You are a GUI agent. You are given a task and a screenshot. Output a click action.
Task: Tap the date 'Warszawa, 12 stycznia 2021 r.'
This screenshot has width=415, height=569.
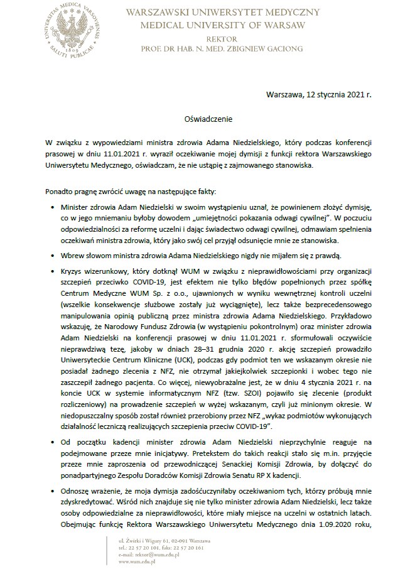pyautogui.click(x=319, y=95)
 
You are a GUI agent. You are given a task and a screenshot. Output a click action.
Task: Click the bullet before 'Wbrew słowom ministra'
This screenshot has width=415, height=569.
pyautogui.click(x=51, y=256)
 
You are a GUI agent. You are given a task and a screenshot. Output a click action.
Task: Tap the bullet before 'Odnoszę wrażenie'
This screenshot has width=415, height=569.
pyautogui.click(x=51, y=493)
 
